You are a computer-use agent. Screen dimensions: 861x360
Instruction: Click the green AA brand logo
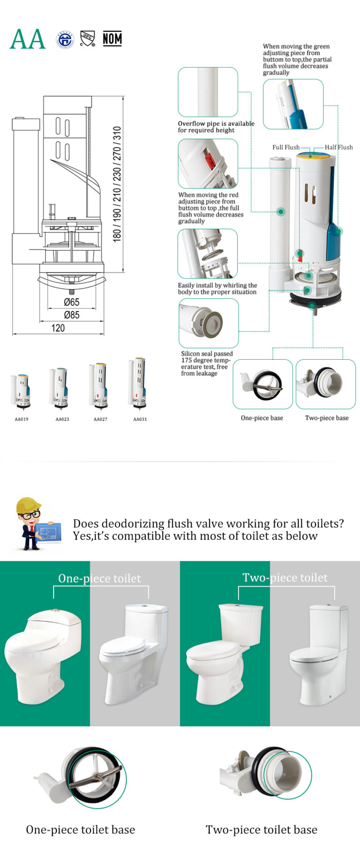click(x=28, y=39)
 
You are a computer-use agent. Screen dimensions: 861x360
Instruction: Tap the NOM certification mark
click(x=112, y=39)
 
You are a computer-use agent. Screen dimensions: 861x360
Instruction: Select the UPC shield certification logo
click(x=88, y=38)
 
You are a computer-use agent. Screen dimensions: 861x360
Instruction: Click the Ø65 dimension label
click(x=71, y=302)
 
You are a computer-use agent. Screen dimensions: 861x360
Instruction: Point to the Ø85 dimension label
click(x=71, y=315)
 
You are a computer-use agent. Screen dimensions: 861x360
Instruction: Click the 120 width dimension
click(x=58, y=328)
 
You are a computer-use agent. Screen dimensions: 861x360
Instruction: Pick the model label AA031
click(x=140, y=419)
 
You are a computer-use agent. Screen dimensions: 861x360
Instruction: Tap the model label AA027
click(x=100, y=419)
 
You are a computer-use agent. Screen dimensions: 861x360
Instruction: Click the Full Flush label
click(x=285, y=147)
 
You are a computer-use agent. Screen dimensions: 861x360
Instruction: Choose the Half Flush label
click(x=338, y=147)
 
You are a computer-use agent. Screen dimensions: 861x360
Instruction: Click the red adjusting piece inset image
click(x=208, y=164)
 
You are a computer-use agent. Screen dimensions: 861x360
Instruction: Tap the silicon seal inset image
click(x=209, y=323)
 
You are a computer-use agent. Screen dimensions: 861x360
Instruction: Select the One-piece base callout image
click(x=262, y=384)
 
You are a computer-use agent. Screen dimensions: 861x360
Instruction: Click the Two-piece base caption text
click(x=327, y=418)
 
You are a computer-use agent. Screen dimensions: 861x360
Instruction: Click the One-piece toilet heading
click(x=99, y=578)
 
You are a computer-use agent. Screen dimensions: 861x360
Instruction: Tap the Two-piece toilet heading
click(x=285, y=577)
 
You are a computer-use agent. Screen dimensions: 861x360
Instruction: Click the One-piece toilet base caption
click(x=80, y=830)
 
